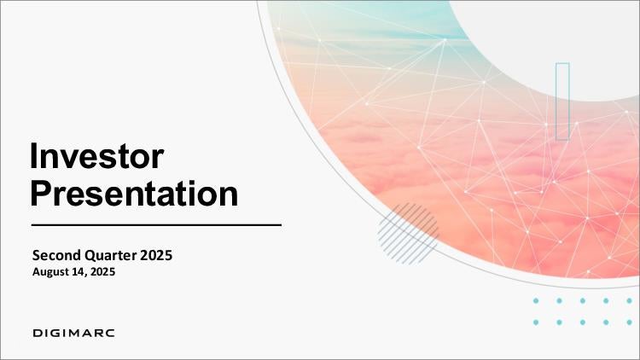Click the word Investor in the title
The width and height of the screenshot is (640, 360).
click(x=97, y=155)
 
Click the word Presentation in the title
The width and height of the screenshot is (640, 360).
click(x=134, y=194)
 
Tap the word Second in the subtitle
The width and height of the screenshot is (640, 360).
click(x=56, y=255)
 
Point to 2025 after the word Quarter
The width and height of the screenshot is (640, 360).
click(x=156, y=255)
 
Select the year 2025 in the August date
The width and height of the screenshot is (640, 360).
click(x=102, y=271)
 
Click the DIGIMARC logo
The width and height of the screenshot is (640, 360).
click(x=73, y=333)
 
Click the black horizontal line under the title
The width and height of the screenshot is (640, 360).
click(x=156, y=224)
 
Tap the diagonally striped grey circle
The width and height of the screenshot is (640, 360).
click(x=408, y=233)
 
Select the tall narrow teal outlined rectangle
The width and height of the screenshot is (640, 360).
click(x=562, y=102)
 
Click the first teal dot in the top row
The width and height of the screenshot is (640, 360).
click(x=536, y=301)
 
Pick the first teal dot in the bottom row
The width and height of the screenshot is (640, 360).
click(x=536, y=322)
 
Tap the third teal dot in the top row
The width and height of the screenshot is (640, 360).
click(x=583, y=301)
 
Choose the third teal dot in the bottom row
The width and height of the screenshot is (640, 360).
click(x=583, y=322)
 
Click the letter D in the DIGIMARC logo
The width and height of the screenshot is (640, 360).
click(x=38, y=333)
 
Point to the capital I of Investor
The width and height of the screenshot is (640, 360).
click(x=33, y=155)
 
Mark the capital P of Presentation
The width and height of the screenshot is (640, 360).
click(x=41, y=193)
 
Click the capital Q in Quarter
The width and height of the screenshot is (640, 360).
click(x=90, y=256)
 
